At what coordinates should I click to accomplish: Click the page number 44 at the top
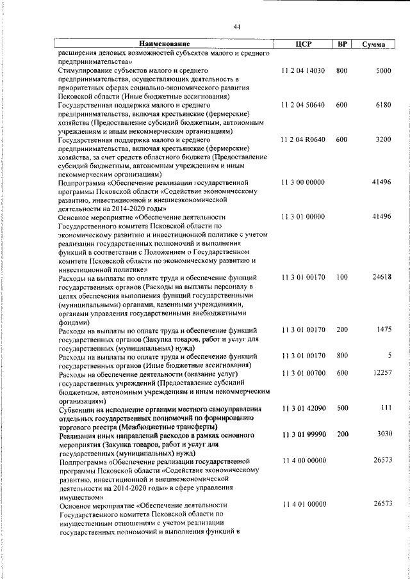[236, 27]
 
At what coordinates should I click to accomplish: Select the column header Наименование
[165, 44]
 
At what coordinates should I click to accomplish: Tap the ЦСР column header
[304, 44]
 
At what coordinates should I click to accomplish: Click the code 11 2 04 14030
[303, 70]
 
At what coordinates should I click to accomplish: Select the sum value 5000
[383, 70]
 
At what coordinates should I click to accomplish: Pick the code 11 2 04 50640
[303, 104]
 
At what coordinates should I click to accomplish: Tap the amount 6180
[383, 104]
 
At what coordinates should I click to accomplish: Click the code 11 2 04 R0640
[303, 139]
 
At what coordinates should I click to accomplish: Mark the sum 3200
[383, 139]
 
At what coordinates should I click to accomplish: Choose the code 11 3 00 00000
[303, 182]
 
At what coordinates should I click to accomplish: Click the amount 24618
[381, 277]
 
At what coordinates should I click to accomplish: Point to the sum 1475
[383, 329]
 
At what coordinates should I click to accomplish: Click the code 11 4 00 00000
[303, 461]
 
